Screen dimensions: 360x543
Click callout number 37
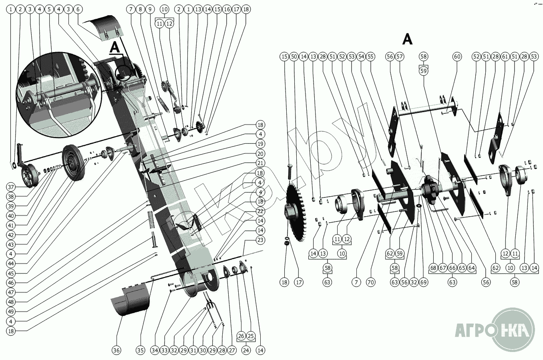click(x=11, y=187)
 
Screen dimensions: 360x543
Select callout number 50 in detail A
click(x=294, y=57)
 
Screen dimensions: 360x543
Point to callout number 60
click(x=457, y=57)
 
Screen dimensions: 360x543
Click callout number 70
click(x=371, y=282)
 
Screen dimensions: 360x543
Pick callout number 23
click(x=260, y=240)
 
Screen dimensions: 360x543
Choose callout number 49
click(x=11, y=312)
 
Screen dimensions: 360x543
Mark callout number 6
click(x=78, y=9)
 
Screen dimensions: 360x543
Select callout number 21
click(x=260, y=163)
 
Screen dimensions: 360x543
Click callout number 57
click(x=399, y=57)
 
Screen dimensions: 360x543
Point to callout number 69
click(x=424, y=282)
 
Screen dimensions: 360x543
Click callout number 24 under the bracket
click(x=246, y=350)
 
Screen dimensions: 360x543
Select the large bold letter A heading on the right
click(x=407, y=39)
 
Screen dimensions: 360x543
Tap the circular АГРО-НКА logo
click(x=513, y=330)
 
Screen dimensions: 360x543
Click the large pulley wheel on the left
click(x=75, y=162)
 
